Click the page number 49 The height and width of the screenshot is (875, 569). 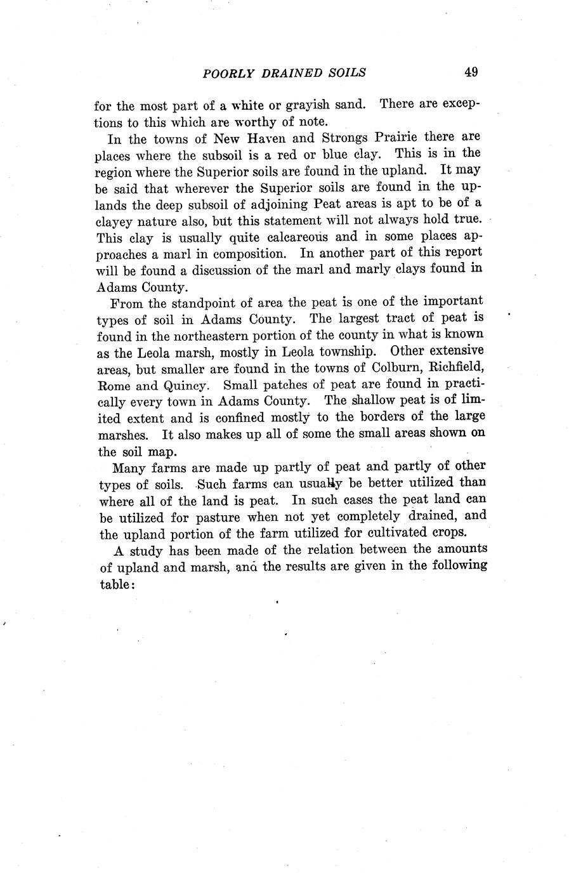[470, 72]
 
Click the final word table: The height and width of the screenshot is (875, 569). [117, 584]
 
